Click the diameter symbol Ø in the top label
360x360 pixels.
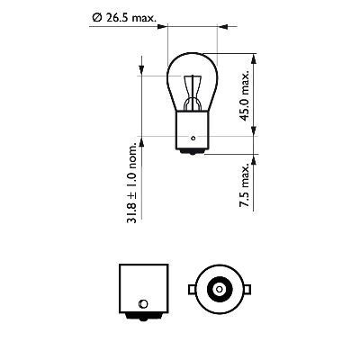(x=95, y=16)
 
